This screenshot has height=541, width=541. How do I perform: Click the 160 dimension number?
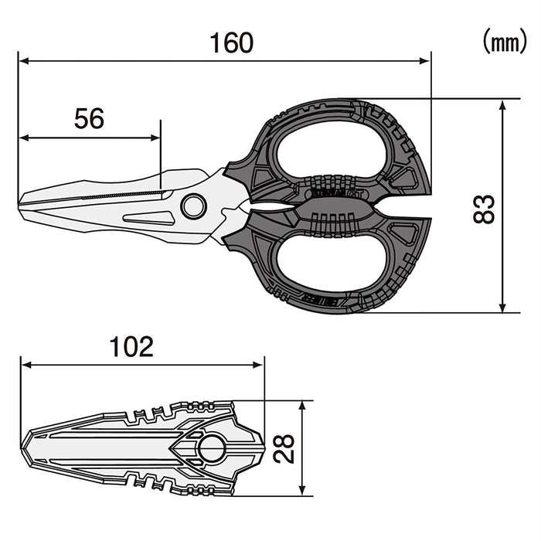click(x=232, y=43)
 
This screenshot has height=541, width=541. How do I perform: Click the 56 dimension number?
click(x=89, y=118)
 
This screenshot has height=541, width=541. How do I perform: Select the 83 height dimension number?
click(x=483, y=208)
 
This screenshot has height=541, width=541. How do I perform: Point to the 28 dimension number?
click(x=285, y=447)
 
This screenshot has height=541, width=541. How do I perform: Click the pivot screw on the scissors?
click(x=193, y=206)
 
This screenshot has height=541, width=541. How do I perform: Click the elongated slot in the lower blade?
click(x=148, y=218)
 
